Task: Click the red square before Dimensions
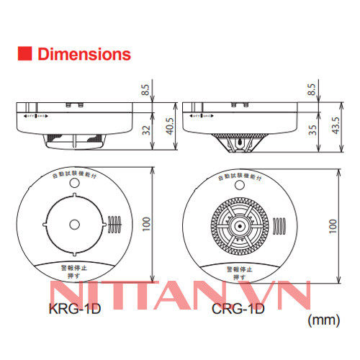(23, 54)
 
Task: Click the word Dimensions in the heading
(84, 54)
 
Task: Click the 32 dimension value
(146, 131)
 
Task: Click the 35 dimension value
(312, 130)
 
